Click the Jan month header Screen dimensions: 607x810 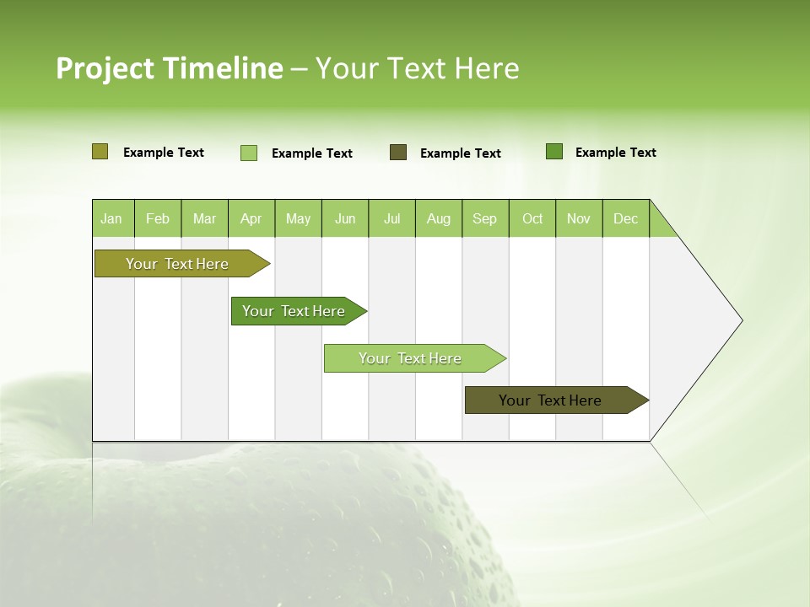[x=111, y=218]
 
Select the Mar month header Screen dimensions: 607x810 [x=204, y=218]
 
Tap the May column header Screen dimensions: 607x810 [x=298, y=218]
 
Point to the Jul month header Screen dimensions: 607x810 [x=391, y=218]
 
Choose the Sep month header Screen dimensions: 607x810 [x=484, y=218]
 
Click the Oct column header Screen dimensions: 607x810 [x=532, y=218]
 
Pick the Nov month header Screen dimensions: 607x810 [x=579, y=218]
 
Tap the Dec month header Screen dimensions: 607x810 [x=625, y=218]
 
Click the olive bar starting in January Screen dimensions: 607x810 [x=177, y=264]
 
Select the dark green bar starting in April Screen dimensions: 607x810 [x=294, y=311]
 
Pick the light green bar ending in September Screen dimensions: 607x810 [x=410, y=358]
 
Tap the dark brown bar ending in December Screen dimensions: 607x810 [x=550, y=400]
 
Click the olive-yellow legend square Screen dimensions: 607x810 [x=100, y=152]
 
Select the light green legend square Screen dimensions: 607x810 [x=249, y=153]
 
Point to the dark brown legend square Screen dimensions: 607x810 [x=398, y=153]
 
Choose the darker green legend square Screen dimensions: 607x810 [x=554, y=152]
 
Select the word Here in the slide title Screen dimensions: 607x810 [x=487, y=68]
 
